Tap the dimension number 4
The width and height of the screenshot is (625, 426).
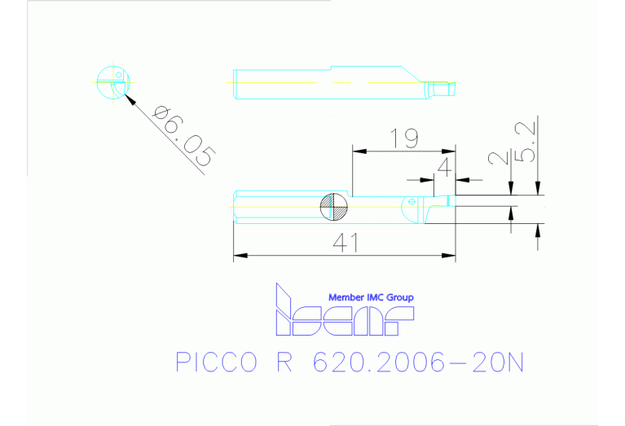[444, 168]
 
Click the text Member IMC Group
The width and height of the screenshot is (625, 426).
[370, 297]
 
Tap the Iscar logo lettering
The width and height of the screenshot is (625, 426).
[342, 318]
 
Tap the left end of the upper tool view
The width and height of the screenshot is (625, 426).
[235, 84]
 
